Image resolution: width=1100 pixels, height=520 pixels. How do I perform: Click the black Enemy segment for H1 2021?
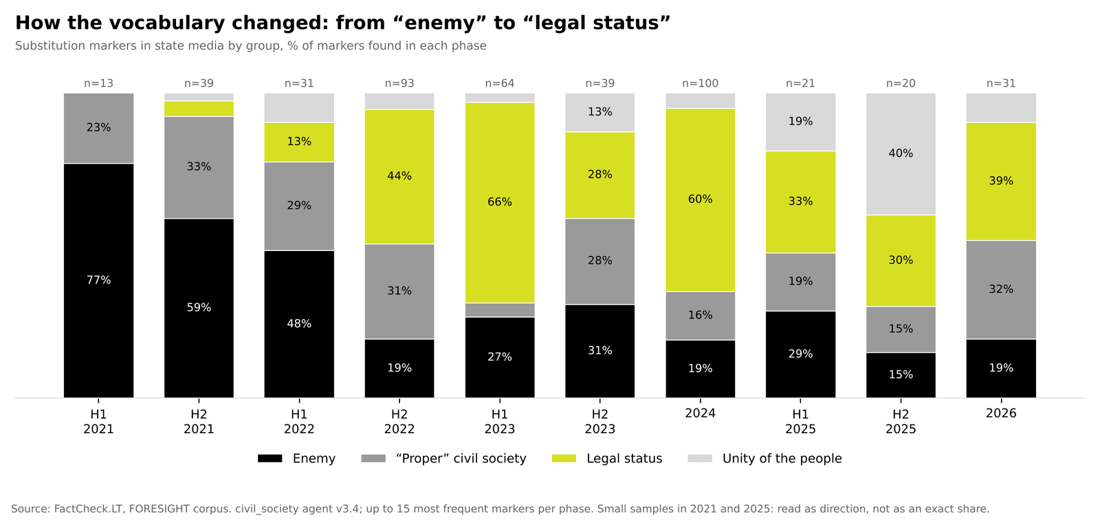click(99, 281)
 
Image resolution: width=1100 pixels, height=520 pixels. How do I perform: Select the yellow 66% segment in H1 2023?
click(500, 202)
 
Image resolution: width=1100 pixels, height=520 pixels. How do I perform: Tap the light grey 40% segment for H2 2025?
click(901, 154)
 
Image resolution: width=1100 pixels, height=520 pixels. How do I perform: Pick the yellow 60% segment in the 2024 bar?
click(701, 200)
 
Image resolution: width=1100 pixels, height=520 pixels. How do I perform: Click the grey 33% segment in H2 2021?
click(199, 168)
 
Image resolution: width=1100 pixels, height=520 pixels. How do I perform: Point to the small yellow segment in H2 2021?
click(199, 109)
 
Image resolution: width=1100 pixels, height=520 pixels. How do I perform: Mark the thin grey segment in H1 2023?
click(500, 310)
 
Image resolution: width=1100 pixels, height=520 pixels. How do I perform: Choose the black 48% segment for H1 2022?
click(299, 325)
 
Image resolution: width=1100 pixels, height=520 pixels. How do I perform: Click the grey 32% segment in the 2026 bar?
click(1001, 290)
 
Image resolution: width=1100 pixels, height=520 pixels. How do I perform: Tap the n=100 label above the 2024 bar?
click(701, 83)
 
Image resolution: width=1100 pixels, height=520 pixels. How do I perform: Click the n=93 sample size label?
click(399, 83)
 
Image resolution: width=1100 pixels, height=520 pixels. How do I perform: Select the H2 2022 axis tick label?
click(399, 422)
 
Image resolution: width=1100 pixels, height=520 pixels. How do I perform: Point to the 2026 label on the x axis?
click(1001, 413)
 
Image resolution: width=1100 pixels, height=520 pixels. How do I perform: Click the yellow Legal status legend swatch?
click(564, 459)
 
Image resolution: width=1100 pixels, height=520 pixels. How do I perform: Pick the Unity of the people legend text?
click(782, 459)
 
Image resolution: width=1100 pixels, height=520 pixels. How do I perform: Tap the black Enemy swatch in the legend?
click(270, 459)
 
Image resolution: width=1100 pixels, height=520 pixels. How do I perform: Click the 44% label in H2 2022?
click(399, 176)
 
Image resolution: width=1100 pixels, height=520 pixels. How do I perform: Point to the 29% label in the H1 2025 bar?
click(800, 354)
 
